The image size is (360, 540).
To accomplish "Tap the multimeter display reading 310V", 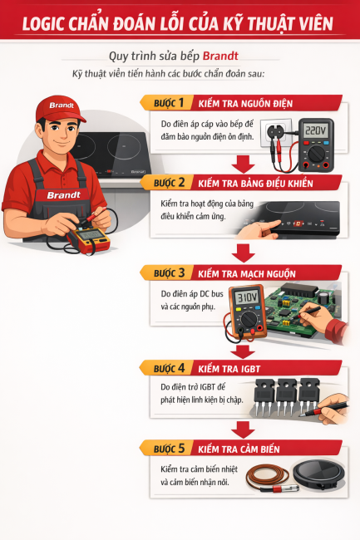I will pyautogui.click(x=245, y=297).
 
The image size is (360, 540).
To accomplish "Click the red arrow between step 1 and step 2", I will pyautogui.click(x=244, y=162).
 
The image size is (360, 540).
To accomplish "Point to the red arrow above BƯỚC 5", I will pyautogui.click(x=244, y=429).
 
